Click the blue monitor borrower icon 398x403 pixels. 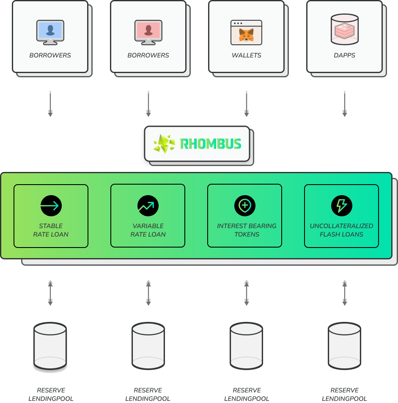click(50, 33)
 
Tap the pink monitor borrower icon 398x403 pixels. click(148, 33)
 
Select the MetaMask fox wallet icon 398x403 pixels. click(247, 33)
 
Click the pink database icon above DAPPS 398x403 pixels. click(344, 29)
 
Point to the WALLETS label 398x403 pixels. click(247, 55)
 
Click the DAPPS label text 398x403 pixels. click(344, 55)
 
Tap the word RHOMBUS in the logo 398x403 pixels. click(211, 144)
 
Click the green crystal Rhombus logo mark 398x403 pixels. click(165, 144)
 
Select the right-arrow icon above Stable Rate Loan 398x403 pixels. click(51, 206)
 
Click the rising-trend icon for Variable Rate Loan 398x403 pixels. click(148, 206)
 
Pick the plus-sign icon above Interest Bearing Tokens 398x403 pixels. click(245, 206)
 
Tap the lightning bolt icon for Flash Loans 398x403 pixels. click(342, 206)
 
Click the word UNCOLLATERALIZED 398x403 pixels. click(341, 226)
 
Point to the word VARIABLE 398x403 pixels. click(148, 226)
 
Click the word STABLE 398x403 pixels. click(51, 226)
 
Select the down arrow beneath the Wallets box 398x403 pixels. click(247, 103)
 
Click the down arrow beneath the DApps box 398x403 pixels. click(344, 103)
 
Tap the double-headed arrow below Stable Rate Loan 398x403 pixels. click(50, 293)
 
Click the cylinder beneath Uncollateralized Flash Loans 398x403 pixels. click(344, 346)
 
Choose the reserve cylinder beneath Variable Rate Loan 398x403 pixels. click(148, 346)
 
